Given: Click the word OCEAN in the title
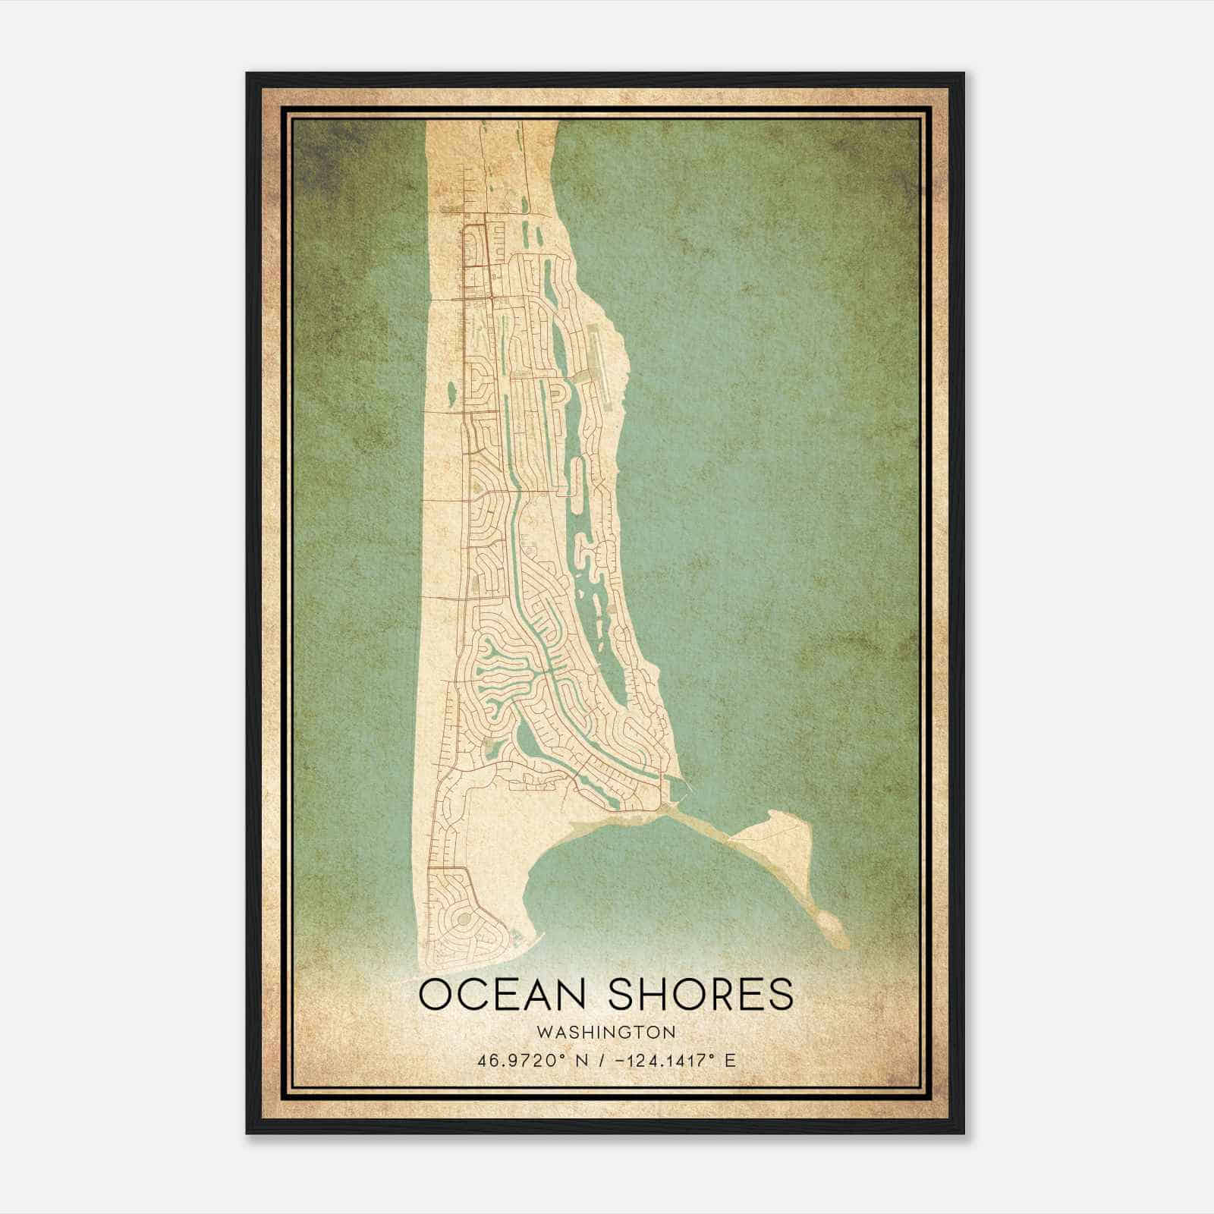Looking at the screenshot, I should [502, 994].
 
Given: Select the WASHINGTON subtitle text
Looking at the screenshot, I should [605, 1032].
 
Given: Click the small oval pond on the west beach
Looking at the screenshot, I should [451, 393].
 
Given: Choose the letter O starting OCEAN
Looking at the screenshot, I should [435, 994].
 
